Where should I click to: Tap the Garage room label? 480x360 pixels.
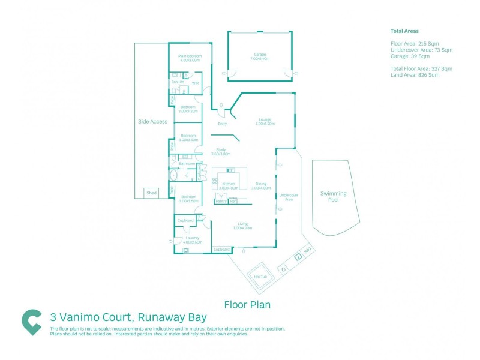click(260, 54)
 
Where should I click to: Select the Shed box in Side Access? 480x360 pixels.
click(151, 193)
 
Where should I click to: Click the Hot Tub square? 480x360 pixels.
click(260, 276)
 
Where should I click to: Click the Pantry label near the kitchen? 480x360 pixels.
click(221, 201)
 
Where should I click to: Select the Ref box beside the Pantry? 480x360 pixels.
click(233, 201)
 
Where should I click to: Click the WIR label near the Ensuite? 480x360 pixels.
click(195, 83)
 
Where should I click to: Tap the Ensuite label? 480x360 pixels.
click(178, 82)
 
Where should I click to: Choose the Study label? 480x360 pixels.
click(221, 150)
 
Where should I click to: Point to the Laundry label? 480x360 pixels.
click(193, 238)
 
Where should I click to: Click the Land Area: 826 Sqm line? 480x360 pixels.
click(415, 74)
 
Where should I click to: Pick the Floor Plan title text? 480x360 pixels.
click(247, 304)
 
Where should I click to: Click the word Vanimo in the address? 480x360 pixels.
click(86, 317)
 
